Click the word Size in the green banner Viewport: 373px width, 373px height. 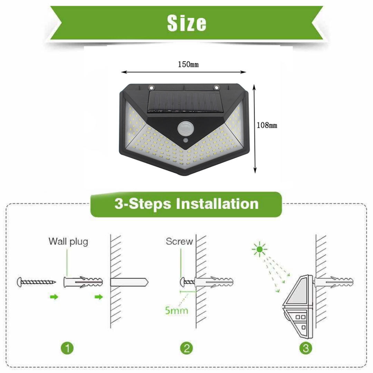click(x=187, y=23)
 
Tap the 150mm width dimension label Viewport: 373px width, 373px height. click(x=188, y=65)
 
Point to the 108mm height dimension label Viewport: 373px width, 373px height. click(x=267, y=125)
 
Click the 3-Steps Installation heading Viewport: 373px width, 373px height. click(x=186, y=204)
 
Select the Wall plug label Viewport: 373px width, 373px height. click(x=68, y=242)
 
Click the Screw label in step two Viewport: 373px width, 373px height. click(x=179, y=241)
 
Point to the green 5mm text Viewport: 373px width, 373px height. click(x=176, y=310)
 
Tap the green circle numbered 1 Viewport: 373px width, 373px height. click(x=67, y=348)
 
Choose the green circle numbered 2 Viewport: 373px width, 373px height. click(x=186, y=348)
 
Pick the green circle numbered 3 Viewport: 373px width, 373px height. click(x=306, y=348)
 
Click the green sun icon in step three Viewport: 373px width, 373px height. click(x=259, y=249)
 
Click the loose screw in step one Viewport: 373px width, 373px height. click(x=36, y=282)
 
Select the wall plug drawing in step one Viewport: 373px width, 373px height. click(x=83, y=283)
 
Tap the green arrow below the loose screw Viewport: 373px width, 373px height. click(x=54, y=297)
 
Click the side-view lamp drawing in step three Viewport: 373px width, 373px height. click(x=298, y=307)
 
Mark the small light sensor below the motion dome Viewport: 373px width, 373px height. click(x=185, y=141)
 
